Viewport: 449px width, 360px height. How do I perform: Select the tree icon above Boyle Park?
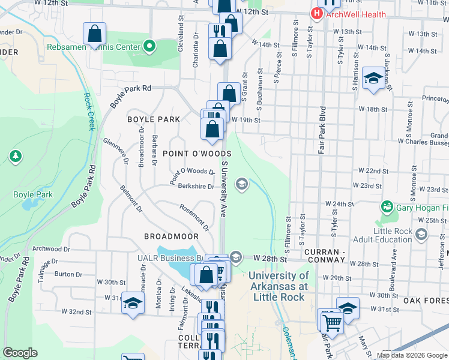pos(16,157)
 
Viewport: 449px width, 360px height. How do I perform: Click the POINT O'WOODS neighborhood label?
pos(197,154)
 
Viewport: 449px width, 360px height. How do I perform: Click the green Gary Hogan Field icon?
pos(388,207)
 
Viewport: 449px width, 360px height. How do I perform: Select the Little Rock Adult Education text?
pos(401,235)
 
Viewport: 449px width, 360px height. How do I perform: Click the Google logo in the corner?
pos(20,353)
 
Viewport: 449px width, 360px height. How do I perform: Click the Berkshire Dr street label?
pos(196,187)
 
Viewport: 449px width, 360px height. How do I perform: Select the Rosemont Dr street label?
pos(194,217)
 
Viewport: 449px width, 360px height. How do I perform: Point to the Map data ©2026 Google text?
pos(411,355)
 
